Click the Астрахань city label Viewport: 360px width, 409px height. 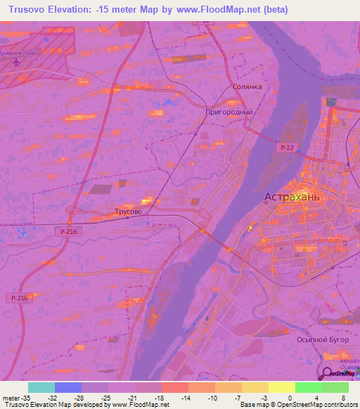tap(292, 197)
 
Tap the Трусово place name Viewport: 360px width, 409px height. tap(128, 211)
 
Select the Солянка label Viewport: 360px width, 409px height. tap(247, 87)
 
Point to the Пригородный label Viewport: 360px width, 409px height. tap(229, 112)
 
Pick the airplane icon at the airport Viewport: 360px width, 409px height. tap(15, 62)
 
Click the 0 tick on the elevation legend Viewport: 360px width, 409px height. tap(270, 398)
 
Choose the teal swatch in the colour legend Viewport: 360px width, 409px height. tap(41, 387)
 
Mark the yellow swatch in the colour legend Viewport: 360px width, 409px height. tap(281, 387)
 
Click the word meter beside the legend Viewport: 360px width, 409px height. tap(11, 398)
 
